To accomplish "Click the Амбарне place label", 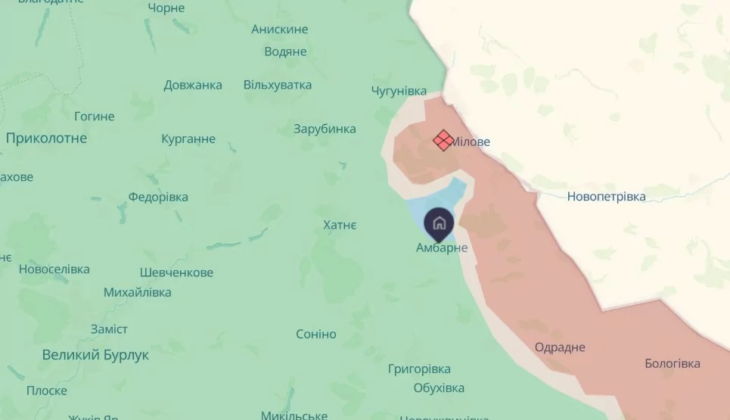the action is (x=442, y=247).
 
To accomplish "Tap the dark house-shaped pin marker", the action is (x=439, y=223).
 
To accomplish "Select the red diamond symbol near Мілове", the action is (x=443, y=139).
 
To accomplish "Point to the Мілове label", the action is (x=471, y=142).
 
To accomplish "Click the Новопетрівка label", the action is (x=607, y=197).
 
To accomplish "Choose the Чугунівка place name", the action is (x=399, y=91).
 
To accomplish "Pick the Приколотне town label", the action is (x=46, y=138).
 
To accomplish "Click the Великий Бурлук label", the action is (x=95, y=355).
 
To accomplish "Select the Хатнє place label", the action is (x=340, y=225).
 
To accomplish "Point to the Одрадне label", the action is (x=560, y=347).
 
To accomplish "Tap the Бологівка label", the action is (x=673, y=364).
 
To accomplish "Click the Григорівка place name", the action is (x=419, y=369).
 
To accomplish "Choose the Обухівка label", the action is (x=439, y=388).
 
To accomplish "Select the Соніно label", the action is (x=316, y=334).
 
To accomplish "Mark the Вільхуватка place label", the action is (x=278, y=85).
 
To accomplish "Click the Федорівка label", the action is (x=158, y=197).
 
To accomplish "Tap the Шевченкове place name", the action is (x=177, y=272).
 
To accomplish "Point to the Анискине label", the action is (x=280, y=30).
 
